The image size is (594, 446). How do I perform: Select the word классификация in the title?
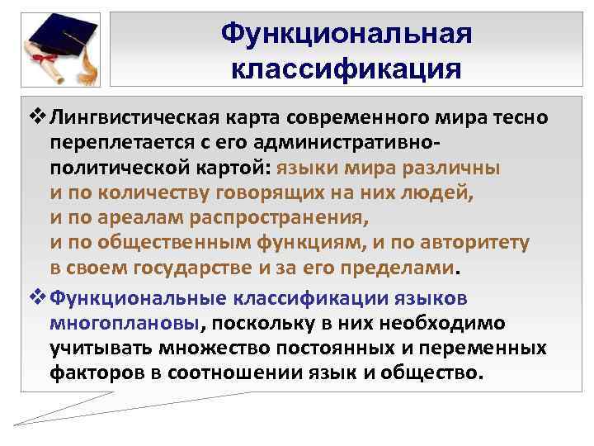tap(346, 68)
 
